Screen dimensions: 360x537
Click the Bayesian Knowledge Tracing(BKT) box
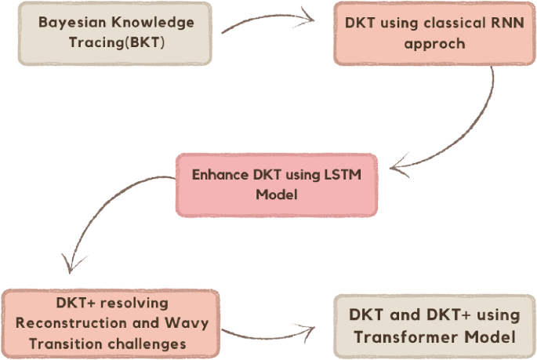coord(118,32)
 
